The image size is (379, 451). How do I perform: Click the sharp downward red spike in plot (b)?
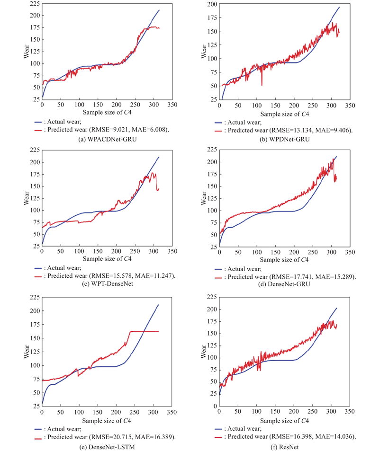pyautogui.click(x=262, y=84)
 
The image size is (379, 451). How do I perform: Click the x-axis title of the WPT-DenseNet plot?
pyautogui.click(x=107, y=259)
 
